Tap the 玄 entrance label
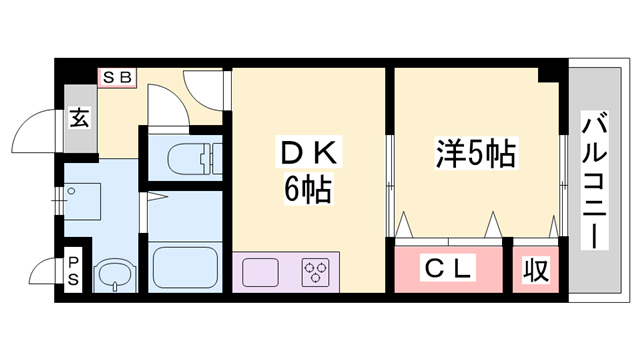coord(79,117)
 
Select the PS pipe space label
coord(73,271)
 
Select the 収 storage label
coord(537,269)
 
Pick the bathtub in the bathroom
coord(187,264)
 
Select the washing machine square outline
coord(83,201)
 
